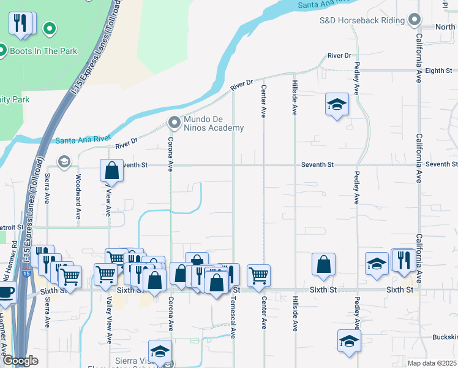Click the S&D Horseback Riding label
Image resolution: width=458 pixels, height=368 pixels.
[x=362, y=20]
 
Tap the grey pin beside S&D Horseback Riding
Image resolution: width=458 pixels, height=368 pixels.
[x=415, y=20]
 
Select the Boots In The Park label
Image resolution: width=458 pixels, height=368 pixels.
[x=43, y=51]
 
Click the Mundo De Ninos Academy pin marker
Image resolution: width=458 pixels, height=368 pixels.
[x=175, y=122]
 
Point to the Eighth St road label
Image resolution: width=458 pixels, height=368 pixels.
[x=438, y=71]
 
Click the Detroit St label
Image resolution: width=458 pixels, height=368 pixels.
[x=12, y=227]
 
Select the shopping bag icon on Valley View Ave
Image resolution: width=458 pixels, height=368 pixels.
[x=112, y=170]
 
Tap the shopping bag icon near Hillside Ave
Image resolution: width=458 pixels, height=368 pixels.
[x=323, y=264]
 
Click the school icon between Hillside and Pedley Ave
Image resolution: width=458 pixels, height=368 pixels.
[x=336, y=104]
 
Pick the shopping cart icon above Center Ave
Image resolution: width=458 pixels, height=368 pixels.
[x=259, y=274]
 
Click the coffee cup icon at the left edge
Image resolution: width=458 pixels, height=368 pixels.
[x=6, y=292]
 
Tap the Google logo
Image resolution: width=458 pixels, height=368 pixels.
[x=20, y=361]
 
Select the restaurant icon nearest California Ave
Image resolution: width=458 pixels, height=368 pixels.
[x=404, y=259]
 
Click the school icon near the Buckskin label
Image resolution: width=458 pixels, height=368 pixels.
[x=349, y=341]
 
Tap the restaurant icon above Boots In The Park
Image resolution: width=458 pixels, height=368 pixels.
[x=22, y=24]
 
